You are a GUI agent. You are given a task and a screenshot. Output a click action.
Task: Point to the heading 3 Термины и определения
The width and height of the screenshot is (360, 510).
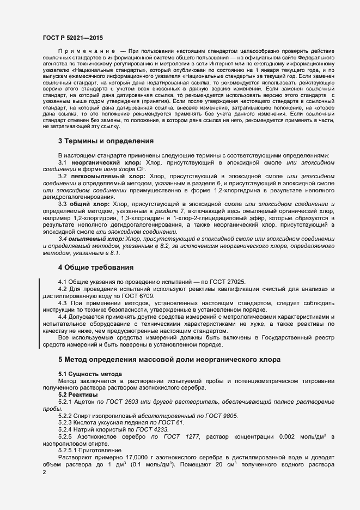[106, 141]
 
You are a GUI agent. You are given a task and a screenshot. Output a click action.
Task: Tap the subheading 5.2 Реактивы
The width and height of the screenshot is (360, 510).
[78, 394]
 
